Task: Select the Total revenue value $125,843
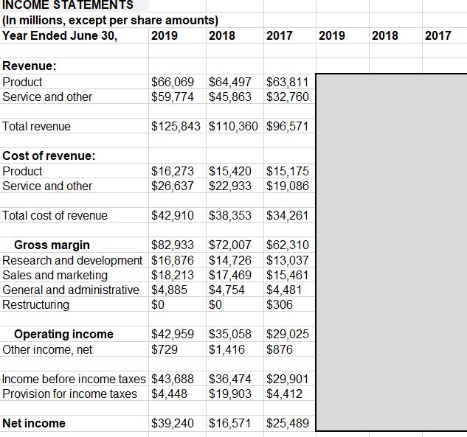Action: (178, 127)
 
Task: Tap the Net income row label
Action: (34, 424)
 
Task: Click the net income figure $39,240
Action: (173, 424)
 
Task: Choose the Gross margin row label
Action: (52, 245)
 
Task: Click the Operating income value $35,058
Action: (231, 335)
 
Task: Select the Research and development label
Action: (73, 260)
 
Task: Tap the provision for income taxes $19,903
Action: (231, 394)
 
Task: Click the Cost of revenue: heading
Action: (49, 156)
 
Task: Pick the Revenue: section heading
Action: (30, 67)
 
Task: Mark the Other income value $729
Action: (165, 349)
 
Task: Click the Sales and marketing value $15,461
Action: (288, 276)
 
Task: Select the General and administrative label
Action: (71, 290)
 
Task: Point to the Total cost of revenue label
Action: (55, 216)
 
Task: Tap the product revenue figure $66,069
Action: (173, 82)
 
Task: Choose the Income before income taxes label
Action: (75, 380)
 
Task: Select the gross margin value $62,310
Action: (288, 245)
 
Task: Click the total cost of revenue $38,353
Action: (231, 216)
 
